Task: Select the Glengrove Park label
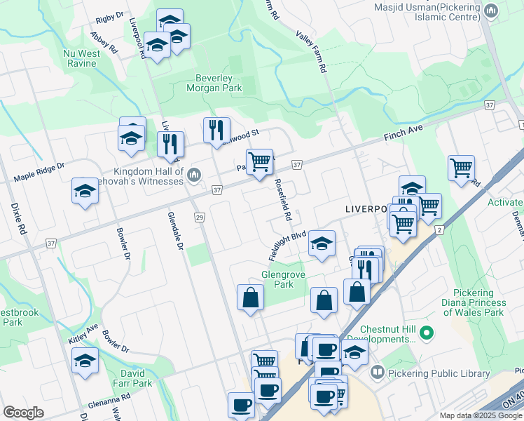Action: click(283, 280)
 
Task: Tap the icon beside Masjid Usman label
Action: click(492, 11)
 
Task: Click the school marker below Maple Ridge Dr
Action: click(85, 191)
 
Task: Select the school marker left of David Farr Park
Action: click(85, 361)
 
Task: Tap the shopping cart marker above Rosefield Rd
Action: click(259, 161)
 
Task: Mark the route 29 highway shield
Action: click(200, 218)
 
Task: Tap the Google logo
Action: click(23, 413)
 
